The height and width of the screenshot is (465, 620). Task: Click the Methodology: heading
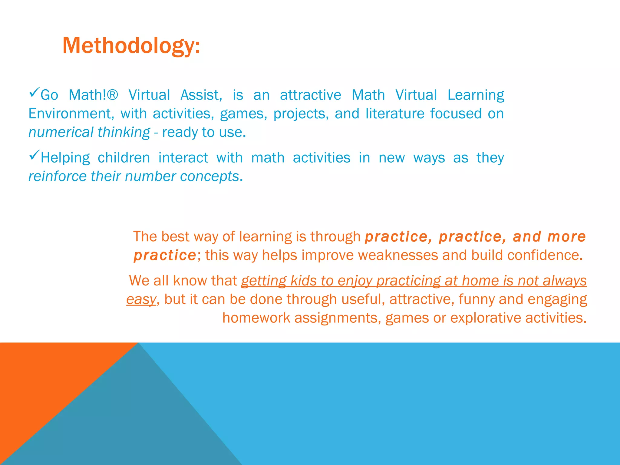click(131, 46)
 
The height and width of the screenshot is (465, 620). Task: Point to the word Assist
click(201, 95)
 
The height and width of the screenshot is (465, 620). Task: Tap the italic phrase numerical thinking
click(89, 132)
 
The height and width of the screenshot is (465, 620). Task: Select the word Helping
click(65, 158)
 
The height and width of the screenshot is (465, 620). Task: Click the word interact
click(183, 158)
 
